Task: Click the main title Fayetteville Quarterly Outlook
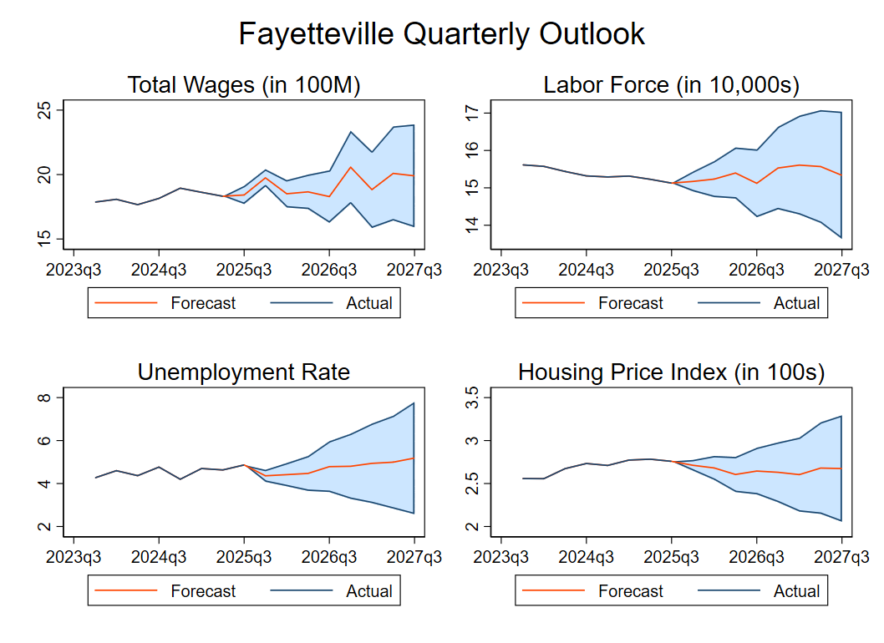click(441, 34)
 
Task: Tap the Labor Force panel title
click(671, 85)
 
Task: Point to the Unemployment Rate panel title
click(243, 372)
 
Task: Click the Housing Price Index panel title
click(671, 372)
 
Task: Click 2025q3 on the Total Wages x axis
click(243, 270)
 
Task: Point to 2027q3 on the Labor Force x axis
click(841, 270)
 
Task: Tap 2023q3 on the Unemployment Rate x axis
click(74, 557)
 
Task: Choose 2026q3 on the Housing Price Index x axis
click(755, 557)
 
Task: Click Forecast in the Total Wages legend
click(203, 303)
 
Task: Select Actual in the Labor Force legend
click(796, 303)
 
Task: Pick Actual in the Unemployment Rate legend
click(368, 591)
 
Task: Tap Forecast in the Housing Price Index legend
click(630, 591)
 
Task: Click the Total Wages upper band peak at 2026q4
click(351, 132)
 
